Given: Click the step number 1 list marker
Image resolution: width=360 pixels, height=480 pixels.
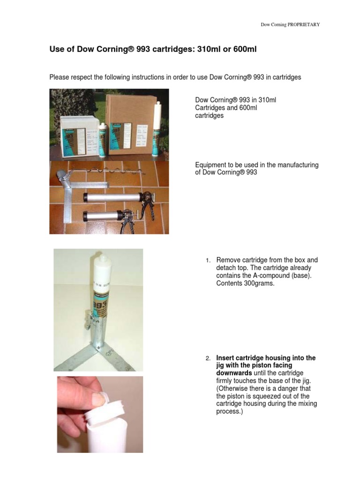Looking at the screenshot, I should pyautogui.click(x=208, y=260).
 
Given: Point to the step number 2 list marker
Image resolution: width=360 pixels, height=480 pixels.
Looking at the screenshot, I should pyautogui.click(x=208, y=359).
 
